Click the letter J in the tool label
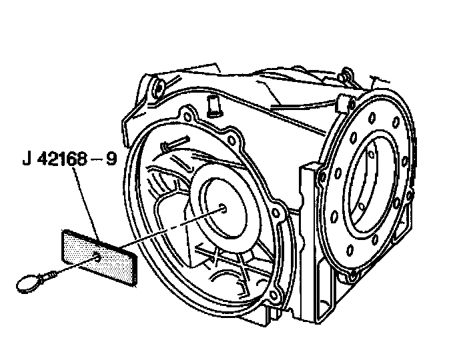(26, 160)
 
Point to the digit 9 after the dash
(115, 160)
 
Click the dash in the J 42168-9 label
(103, 161)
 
